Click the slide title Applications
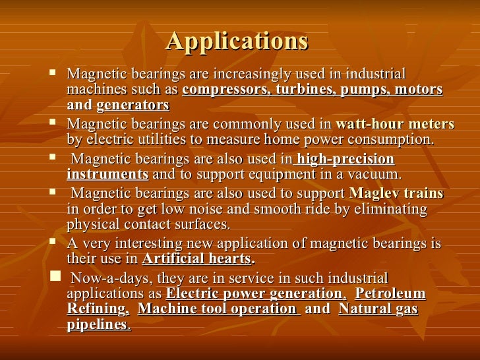coord(237,41)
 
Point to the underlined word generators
coord(133,105)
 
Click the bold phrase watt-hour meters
coord(394,124)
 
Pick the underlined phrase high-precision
coord(345,159)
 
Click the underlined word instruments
coord(107,174)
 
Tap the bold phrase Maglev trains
coord(396,194)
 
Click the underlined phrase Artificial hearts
coord(196,258)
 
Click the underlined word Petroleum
coord(394,293)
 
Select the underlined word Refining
coord(97,309)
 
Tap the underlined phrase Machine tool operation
coord(218,309)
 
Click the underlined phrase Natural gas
coord(378,309)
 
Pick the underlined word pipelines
coord(98,324)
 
